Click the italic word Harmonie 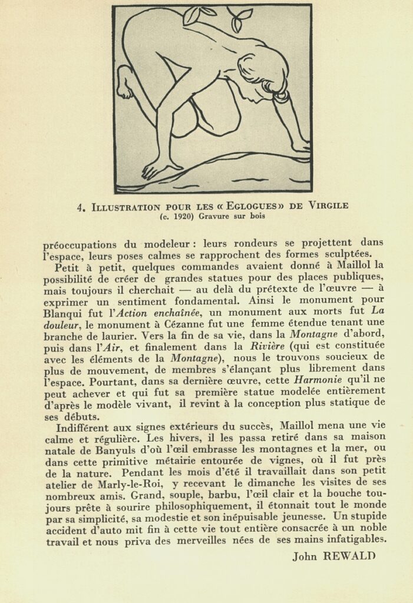[x=318, y=380]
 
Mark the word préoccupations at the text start [x=80, y=244]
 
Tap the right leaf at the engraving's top [x=240, y=19]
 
